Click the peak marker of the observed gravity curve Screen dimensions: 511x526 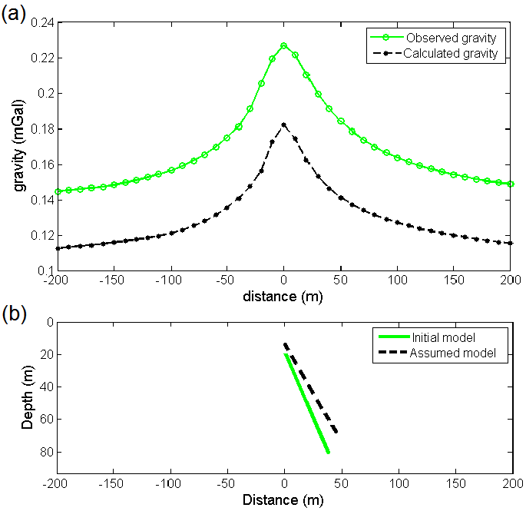coord(283,46)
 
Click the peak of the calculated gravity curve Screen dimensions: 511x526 coord(283,124)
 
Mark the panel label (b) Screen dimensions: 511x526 coord(15,314)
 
